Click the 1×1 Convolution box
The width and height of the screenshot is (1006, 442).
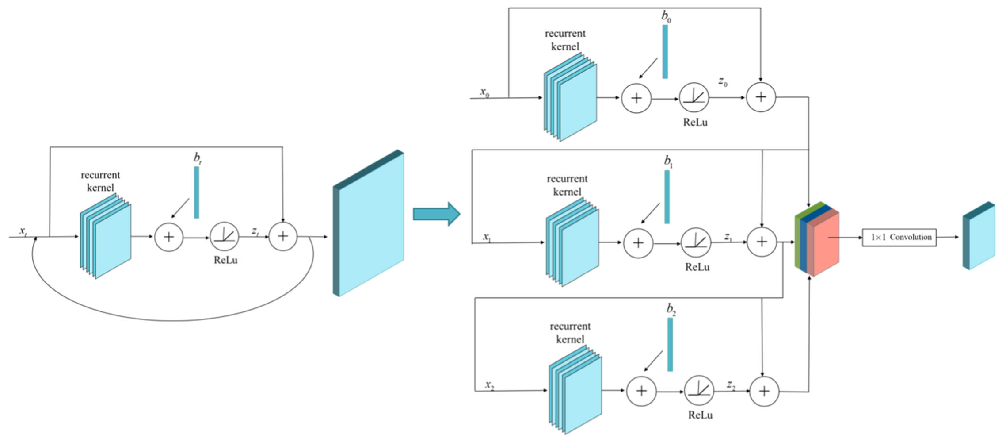(899, 238)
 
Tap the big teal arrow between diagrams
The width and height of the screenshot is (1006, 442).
(436, 214)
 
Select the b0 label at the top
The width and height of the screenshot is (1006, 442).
(666, 16)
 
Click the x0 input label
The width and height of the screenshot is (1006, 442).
(484, 92)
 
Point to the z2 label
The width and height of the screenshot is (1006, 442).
(731, 385)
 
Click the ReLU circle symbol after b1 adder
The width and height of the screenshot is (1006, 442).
(696, 242)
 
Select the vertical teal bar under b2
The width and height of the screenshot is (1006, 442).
(670, 344)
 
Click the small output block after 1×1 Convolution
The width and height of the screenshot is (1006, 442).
(979, 236)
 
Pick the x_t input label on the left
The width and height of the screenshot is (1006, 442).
(23, 231)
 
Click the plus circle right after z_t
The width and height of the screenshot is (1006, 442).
(283, 237)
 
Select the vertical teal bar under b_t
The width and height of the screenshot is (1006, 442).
(196, 192)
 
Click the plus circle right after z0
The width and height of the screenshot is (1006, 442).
(761, 97)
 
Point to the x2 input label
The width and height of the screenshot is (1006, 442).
(489, 384)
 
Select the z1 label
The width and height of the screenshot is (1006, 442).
(728, 237)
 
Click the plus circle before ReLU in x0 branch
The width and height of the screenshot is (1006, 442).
(636, 98)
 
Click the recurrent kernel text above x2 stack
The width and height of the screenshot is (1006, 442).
(570, 333)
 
